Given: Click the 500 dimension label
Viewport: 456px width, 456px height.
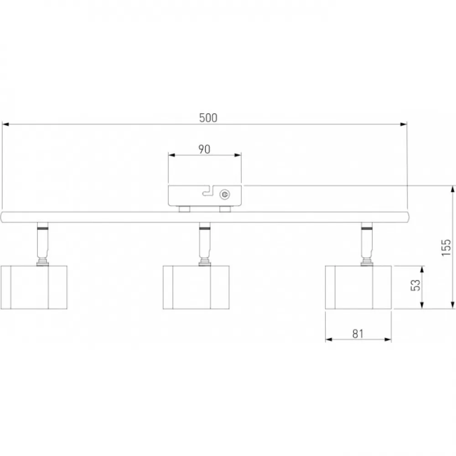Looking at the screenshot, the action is (208, 118).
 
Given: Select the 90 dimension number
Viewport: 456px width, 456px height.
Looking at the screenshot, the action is (204, 149).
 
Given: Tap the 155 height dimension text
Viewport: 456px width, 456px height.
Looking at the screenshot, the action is (446, 248).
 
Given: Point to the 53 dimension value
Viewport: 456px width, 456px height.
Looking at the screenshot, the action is (416, 285).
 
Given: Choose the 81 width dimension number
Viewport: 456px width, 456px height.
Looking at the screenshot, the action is (358, 334).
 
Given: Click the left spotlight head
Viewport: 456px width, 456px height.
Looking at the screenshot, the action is (34, 287).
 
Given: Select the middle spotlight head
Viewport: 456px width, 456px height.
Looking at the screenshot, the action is (196, 287).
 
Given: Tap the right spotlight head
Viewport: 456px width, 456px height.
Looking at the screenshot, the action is (358, 287).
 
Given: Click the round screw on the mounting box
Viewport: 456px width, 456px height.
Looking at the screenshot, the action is (224, 195).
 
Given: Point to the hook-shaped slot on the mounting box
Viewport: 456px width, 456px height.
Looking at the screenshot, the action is (208, 191).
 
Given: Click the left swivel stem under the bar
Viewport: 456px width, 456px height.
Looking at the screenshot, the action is (42, 244).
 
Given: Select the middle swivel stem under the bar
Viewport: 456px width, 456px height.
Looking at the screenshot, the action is (205, 244).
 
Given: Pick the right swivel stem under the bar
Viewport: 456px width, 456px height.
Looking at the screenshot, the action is (367, 244).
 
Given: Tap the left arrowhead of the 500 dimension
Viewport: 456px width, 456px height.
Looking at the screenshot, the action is (5, 124).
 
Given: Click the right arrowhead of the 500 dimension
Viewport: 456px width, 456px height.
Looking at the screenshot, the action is (404, 124).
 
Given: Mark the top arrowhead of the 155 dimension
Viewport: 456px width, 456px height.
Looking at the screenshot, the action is (452, 189).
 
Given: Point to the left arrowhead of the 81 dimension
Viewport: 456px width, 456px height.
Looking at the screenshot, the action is (329, 339).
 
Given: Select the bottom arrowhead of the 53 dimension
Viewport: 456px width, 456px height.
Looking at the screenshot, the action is (422, 305).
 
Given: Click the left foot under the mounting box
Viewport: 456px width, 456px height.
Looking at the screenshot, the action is (184, 209).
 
